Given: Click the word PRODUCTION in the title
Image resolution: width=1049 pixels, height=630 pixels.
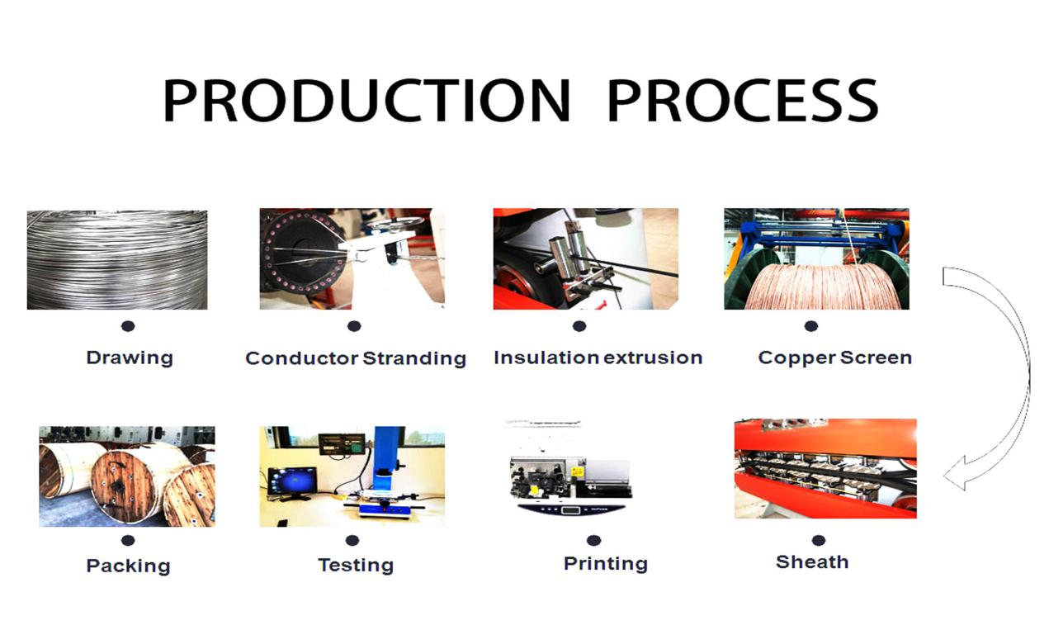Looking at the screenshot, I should coord(366,101).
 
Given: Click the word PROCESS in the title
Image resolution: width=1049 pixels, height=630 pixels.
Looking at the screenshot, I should coord(742,101).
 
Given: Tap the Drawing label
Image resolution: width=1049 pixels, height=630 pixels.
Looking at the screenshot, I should coord(130,358).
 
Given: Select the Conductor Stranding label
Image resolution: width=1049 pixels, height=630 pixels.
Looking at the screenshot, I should coord(356,358).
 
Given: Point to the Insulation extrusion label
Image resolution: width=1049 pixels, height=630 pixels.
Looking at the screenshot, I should coord(598,358).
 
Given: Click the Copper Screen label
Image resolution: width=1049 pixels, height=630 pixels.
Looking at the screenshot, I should coord(834,358).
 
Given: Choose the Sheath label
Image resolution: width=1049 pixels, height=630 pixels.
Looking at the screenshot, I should coord(812,562).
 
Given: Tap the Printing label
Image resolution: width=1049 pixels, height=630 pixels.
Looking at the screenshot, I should coord(605,564).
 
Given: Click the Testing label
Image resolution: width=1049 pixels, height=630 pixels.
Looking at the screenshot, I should coord(355,566).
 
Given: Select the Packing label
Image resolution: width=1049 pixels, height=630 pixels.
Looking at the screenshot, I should coord(128,566).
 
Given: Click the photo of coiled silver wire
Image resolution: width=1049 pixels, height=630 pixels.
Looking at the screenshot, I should coord(117,259).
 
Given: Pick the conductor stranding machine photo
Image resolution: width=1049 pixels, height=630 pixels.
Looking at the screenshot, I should coord(352,258).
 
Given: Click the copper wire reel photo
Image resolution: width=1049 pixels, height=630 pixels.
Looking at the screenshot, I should coord(816,258).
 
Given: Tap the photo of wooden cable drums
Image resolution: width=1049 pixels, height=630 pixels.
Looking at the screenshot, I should coord(126,476).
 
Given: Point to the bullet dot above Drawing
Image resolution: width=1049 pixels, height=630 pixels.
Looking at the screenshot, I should coord(128,326).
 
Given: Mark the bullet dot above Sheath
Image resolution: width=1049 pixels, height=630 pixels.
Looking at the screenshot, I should coord(818,541).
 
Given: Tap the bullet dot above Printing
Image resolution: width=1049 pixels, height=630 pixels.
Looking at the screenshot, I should coord(593,541).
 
